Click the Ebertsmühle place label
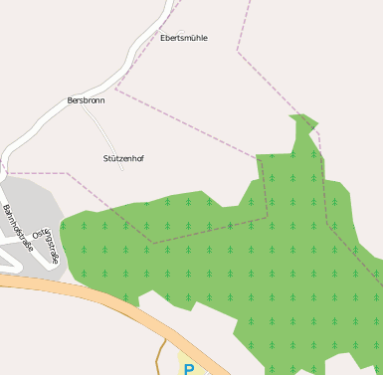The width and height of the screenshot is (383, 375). [x=184, y=38]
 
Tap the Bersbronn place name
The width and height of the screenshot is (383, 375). [x=86, y=100]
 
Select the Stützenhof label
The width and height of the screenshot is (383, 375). [x=123, y=158]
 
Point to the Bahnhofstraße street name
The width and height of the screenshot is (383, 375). [x=18, y=228]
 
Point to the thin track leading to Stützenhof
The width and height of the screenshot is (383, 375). [x=103, y=129]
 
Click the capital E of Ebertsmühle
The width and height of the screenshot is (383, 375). [x=163, y=38]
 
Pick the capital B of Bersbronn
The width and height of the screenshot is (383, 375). [x=70, y=100]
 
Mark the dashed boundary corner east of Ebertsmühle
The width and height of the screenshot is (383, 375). [x=238, y=50]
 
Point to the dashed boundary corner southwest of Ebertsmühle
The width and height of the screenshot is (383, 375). [x=115, y=89]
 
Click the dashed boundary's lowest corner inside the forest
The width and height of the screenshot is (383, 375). [x=153, y=243]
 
